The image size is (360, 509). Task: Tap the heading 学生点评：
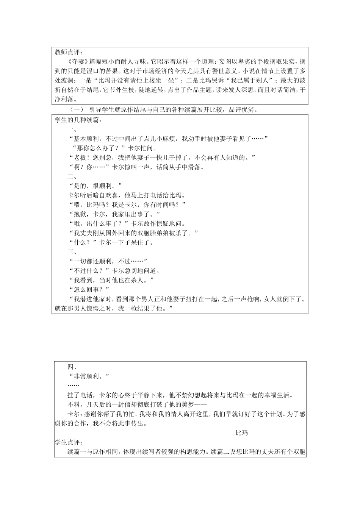(68, 442)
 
